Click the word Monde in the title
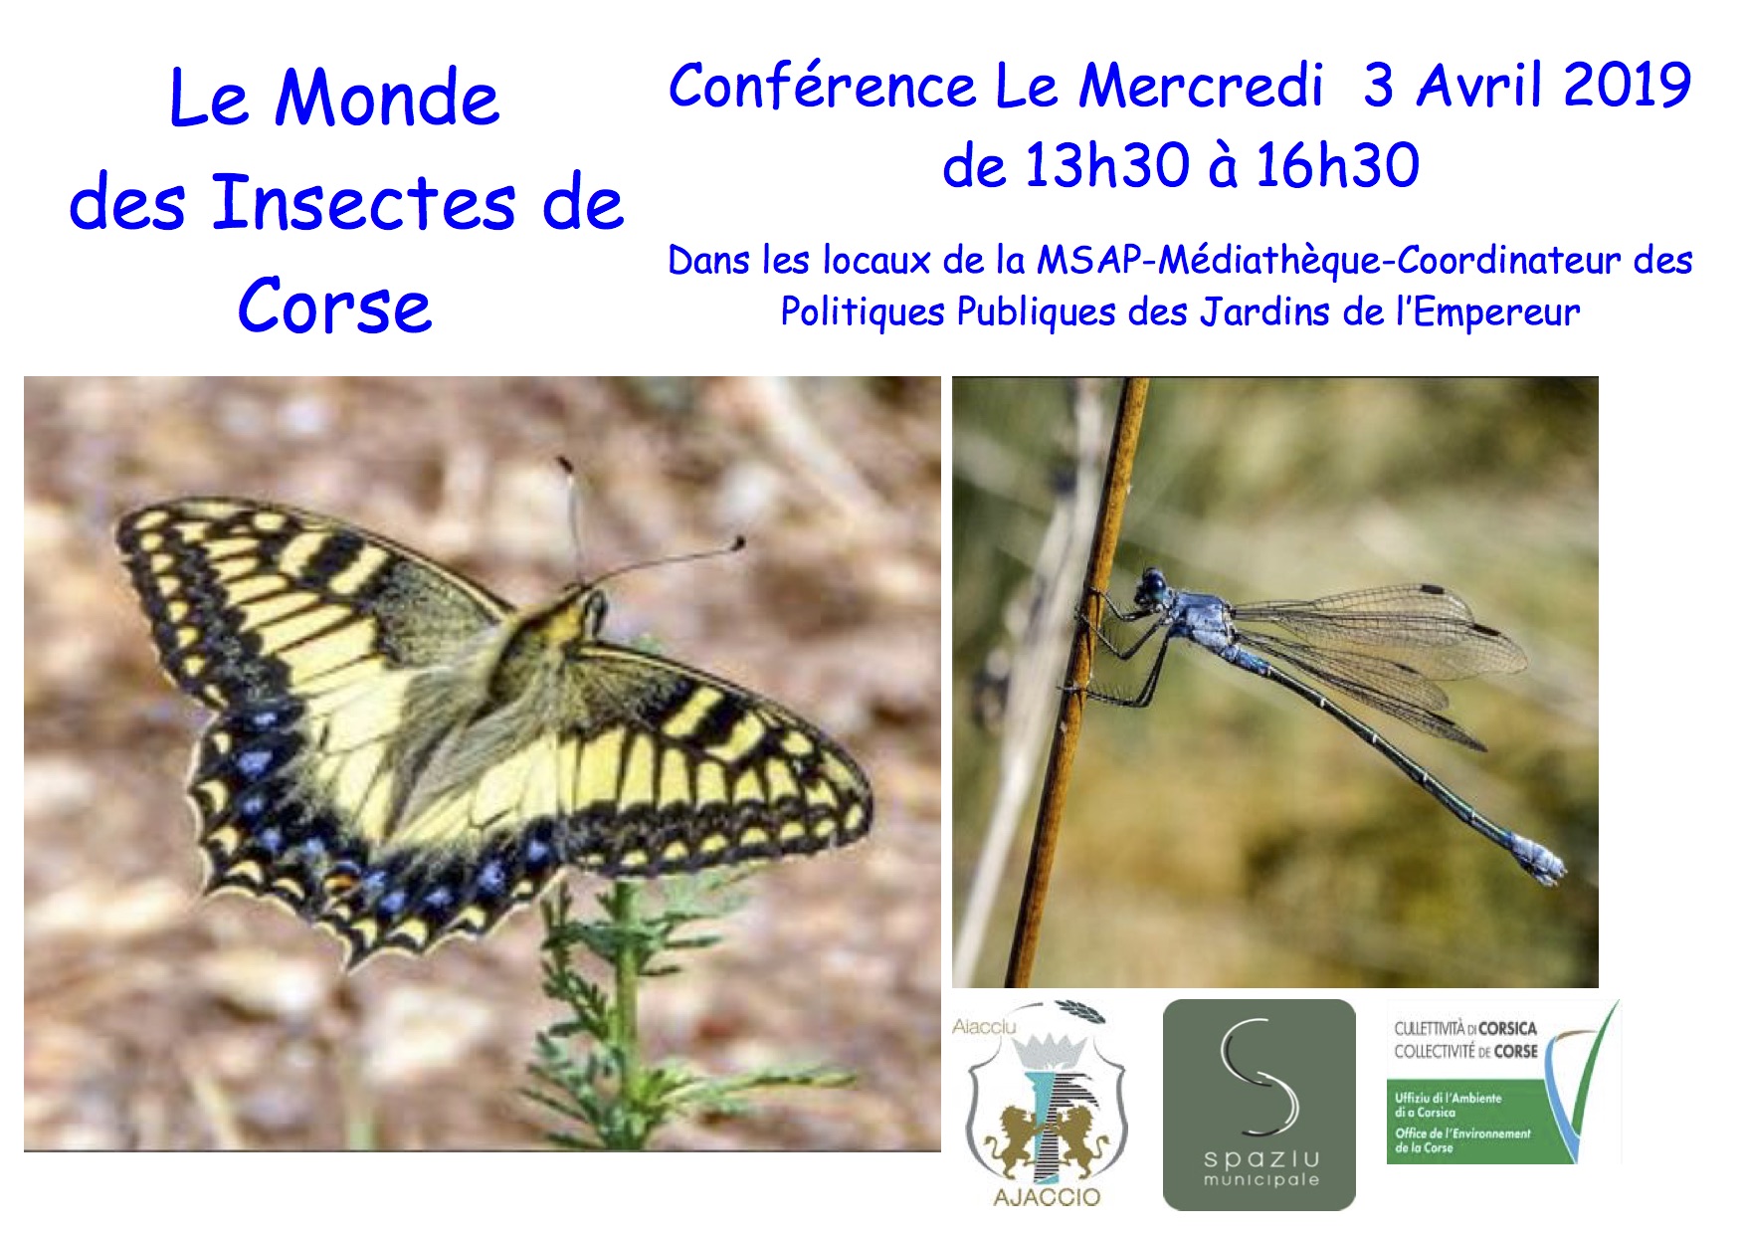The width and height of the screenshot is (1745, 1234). pyautogui.click(x=387, y=99)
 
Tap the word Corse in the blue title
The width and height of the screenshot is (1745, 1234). pyautogui.click(x=334, y=307)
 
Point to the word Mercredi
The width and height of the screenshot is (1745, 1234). pyautogui.click(x=1201, y=86)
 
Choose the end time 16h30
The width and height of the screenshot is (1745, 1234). pyautogui.click(x=1337, y=166)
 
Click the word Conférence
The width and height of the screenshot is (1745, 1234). pyautogui.click(x=822, y=86)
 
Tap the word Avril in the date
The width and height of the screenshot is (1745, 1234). pyautogui.click(x=1482, y=86)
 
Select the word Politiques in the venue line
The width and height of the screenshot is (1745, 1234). pyautogui.click(x=862, y=312)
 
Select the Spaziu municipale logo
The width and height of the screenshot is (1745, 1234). pyautogui.click(x=1260, y=1105)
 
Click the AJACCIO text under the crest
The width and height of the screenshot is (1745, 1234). pyautogui.click(x=1047, y=1197)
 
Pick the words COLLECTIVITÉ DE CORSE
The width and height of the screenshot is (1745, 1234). pyautogui.click(x=1465, y=1052)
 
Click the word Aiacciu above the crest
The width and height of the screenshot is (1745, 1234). pyautogui.click(x=984, y=1027)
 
